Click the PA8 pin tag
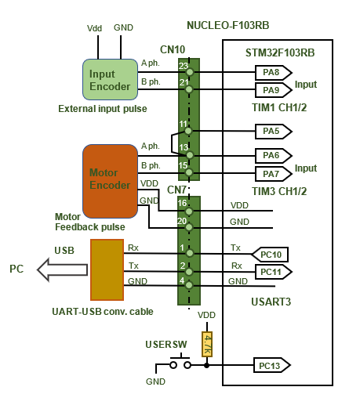[274, 72]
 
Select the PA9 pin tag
[274, 90]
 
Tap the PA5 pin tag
[274, 131]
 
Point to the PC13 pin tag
[272, 365]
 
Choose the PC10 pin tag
[270, 254]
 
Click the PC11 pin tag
[274, 272]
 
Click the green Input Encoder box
[110, 79]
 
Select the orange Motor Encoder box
[110, 181]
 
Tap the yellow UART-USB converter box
[107, 269]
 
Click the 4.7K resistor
[207, 344]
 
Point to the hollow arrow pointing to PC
[62, 269]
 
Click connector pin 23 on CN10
[190, 72]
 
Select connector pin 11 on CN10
[188, 131]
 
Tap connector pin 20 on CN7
[189, 227]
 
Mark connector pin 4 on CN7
[189, 285]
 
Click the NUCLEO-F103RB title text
[228, 26]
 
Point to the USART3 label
[271, 302]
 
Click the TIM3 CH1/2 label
[279, 191]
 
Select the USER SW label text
[166, 345]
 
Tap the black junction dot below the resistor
[206, 365]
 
